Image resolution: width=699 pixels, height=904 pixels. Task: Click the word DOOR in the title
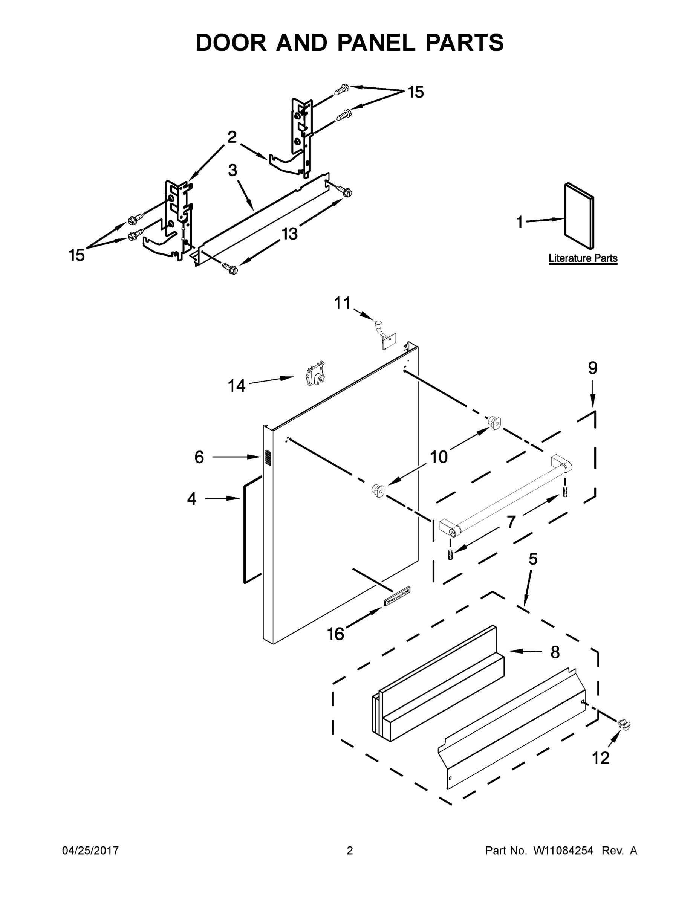point(231,43)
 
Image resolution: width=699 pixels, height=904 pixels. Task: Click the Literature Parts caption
point(583,258)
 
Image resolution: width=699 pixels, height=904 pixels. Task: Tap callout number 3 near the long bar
point(232,170)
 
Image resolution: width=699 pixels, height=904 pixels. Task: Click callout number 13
point(289,234)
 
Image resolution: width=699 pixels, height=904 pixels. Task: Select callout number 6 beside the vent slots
point(199,457)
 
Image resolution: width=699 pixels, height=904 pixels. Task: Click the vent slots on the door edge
point(268,457)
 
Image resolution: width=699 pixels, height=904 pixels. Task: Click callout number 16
point(335,634)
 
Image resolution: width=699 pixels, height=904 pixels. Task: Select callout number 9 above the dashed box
point(593,368)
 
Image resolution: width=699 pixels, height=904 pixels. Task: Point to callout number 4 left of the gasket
point(191,499)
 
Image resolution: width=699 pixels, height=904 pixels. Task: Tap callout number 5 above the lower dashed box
point(533,559)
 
